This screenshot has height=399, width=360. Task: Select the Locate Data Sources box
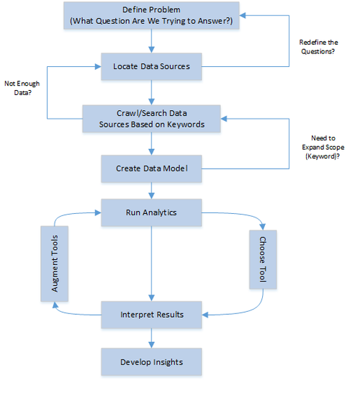[151, 66]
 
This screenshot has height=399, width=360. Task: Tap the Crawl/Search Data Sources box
[151, 118]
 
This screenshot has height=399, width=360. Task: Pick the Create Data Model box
[151, 169]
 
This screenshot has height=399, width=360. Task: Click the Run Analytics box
[151, 213]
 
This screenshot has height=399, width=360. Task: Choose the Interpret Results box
[151, 315]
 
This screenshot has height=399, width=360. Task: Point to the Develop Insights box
[151, 361]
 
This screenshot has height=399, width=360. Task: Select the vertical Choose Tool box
[263, 260]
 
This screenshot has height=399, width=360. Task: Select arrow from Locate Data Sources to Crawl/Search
[151, 91]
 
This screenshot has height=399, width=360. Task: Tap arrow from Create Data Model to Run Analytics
[151, 191]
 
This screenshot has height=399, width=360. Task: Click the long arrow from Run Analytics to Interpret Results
[151, 264]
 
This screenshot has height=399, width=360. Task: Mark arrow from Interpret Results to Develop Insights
[151, 338]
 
